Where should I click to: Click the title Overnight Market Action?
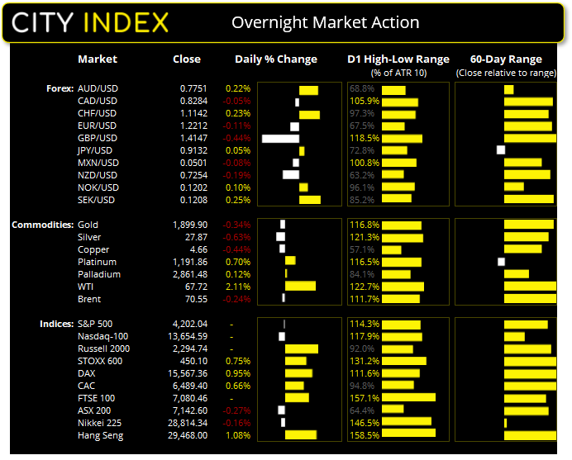click(x=325, y=23)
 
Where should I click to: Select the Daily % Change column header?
click(x=276, y=59)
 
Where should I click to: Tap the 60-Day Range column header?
click(x=505, y=59)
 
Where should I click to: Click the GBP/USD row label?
click(x=97, y=138)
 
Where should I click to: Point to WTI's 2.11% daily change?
click(x=237, y=287)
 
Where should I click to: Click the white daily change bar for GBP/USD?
click(x=280, y=138)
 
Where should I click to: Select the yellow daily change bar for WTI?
click(x=300, y=287)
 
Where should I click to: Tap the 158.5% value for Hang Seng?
click(x=364, y=435)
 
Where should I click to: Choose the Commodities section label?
click(x=41, y=225)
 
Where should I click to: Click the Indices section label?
click(x=56, y=324)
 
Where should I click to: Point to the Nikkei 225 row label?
click(x=101, y=423)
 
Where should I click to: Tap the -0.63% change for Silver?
click(x=237, y=237)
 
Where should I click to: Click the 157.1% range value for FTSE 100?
click(x=364, y=398)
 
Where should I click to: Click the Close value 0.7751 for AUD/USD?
click(x=194, y=88)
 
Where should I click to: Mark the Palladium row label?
click(x=98, y=274)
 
